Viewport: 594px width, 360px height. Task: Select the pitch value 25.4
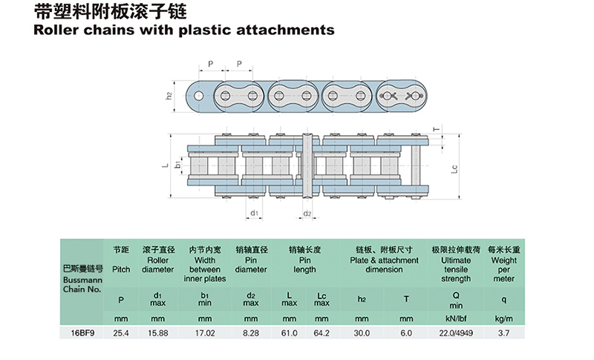(x=120, y=333)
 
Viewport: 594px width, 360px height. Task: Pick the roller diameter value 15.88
(x=157, y=333)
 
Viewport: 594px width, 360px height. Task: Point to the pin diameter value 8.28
(x=250, y=333)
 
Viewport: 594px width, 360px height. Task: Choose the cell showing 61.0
(x=291, y=333)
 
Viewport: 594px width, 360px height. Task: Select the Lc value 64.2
(x=321, y=333)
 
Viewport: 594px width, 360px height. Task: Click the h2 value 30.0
(x=362, y=333)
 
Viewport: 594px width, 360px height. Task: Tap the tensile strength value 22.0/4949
(x=456, y=333)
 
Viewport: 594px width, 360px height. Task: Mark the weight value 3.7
(x=503, y=333)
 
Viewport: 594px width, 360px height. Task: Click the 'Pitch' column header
(x=120, y=270)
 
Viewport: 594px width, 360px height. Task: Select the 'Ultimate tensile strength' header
(x=456, y=270)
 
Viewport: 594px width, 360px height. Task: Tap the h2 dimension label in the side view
(x=169, y=96)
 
